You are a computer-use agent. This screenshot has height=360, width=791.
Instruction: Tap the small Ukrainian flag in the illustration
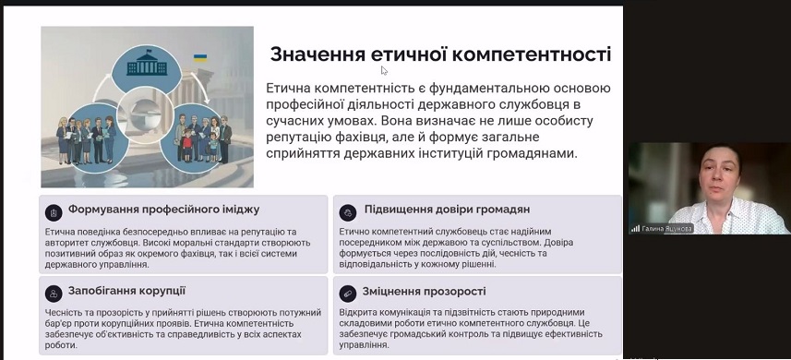tap(200, 58)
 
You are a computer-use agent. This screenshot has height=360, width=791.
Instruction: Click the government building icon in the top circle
tap(147, 63)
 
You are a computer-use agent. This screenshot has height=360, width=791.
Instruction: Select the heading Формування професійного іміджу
tap(164, 210)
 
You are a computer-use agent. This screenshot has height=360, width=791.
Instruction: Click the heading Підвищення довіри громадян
tap(447, 209)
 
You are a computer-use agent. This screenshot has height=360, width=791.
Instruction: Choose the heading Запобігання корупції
tap(126, 291)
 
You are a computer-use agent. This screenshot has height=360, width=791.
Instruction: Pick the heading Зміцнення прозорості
tap(425, 292)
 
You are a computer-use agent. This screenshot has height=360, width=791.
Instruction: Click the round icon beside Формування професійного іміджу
tap(54, 213)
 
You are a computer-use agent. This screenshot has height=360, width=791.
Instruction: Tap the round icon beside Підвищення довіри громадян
tap(348, 213)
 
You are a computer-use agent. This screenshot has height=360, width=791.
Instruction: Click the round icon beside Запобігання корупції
tap(54, 294)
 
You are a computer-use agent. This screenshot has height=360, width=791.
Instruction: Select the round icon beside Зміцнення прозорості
tap(348, 294)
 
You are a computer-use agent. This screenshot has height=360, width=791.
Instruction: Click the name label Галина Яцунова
tap(666, 229)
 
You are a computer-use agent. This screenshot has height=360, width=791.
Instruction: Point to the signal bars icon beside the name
tap(635, 229)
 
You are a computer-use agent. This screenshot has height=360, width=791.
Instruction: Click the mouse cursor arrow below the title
tap(384, 70)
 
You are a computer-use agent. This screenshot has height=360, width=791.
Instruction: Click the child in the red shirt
tap(187, 143)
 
